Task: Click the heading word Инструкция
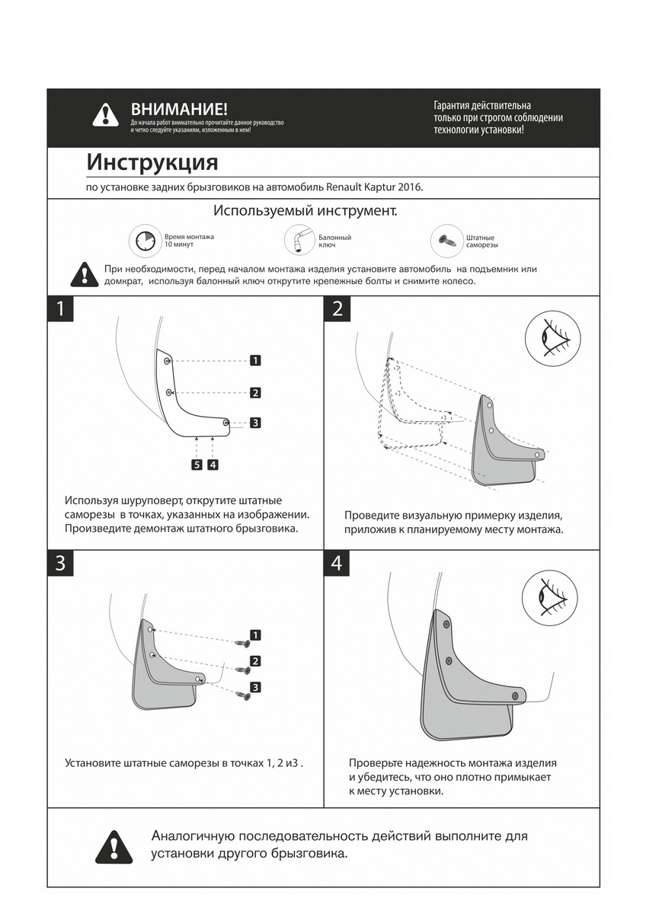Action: point(152,163)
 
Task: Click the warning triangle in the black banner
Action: point(106,115)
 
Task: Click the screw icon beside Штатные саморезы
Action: point(446,239)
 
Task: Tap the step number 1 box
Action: point(61,308)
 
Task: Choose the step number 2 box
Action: point(337,308)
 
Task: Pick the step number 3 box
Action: point(61,563)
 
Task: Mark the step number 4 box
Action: point(337,563)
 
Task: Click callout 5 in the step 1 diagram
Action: point(197,464)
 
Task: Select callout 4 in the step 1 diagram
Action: point(213,464)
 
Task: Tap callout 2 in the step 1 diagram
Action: point(256,393)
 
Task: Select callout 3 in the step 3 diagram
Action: point(255,687)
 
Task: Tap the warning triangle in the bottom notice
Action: point(114,847)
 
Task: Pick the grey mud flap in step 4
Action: point(465,685)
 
